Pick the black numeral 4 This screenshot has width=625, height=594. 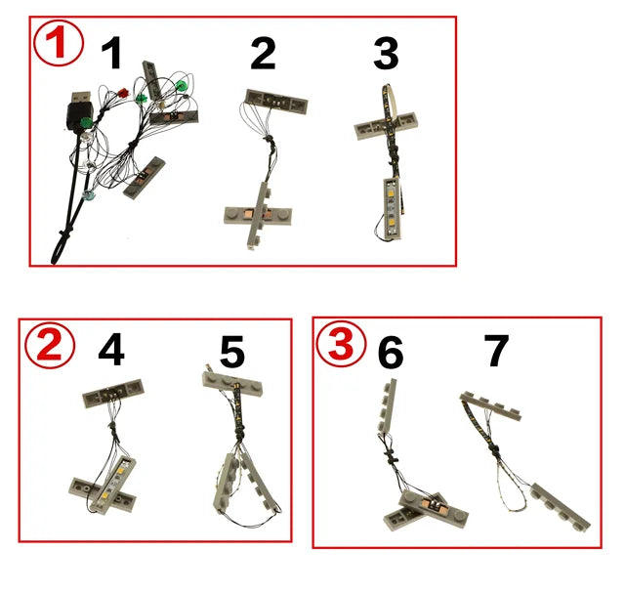(111, 351)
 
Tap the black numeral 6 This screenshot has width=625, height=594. (390, 353)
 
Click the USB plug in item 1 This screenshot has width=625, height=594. (76, 114)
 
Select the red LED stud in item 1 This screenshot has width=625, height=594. (123, 94)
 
